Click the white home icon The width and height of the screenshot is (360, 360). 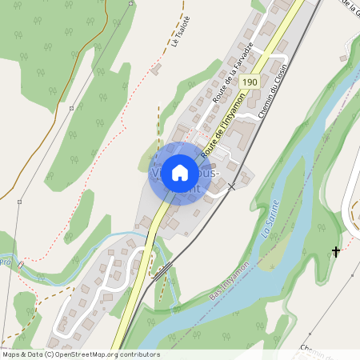[x=180, y=173]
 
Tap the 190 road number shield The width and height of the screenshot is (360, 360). [x=250, y=82]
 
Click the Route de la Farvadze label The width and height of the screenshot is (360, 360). [x=232, y=73]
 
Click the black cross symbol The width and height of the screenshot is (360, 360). [x=336, y=252]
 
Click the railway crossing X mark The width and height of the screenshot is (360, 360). [x=232, y=186]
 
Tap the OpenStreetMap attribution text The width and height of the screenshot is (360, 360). [x=80, y=354]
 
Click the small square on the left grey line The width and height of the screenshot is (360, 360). [x=71, y=108]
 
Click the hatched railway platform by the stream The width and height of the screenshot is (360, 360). [x=159, y=273]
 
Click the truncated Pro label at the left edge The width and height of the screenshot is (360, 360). [x=6, y=261]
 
